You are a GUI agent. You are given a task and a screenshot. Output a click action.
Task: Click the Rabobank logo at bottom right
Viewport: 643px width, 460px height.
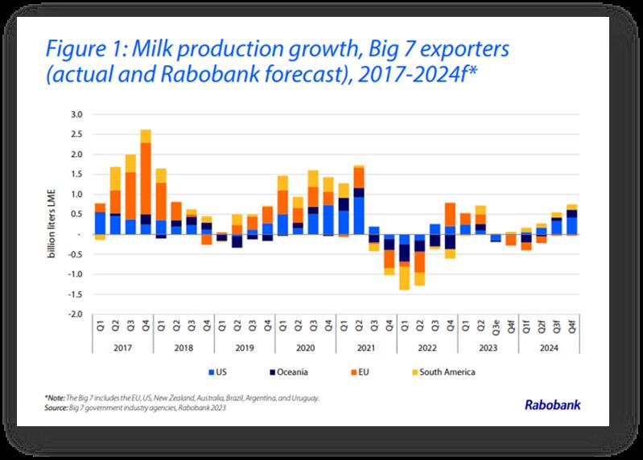click(553, 405)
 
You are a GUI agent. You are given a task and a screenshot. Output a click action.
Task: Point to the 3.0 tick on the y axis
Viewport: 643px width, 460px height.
click(77, 114)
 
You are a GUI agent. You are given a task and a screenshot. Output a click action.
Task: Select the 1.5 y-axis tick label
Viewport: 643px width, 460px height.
click(77, 175)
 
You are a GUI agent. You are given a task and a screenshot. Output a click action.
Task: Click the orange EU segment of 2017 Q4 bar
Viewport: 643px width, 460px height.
click(146, 178)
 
